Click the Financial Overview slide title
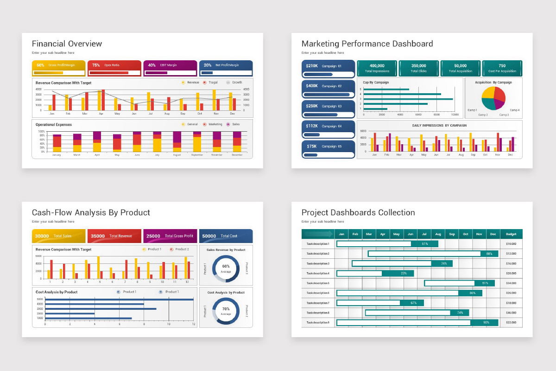(x=67, y=44)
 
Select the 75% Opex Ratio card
(x=114, y=68)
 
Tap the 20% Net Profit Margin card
(x=226, y=68)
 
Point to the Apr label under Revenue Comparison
(x=101, y=114)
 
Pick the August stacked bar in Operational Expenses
(x=177, y=142)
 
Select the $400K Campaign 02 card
(x=328, y=89)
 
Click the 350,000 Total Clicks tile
(x=418, y=68)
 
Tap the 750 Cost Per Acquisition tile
(x=502, y=68)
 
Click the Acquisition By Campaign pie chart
(x=493, y=98)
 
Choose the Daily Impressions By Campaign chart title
(x=439, y=126)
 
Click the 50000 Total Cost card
(x=226, y=236)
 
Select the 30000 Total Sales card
(x=59, y=236)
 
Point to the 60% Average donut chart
(x=226, y=269)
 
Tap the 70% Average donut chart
(x=226, y=311)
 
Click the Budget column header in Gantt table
(x=511, y=234)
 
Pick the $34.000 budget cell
(x=511, y=283)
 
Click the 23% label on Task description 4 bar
(x=404, y=273)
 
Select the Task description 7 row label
(x=318, y=303)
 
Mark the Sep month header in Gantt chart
(x=452, y=234)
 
